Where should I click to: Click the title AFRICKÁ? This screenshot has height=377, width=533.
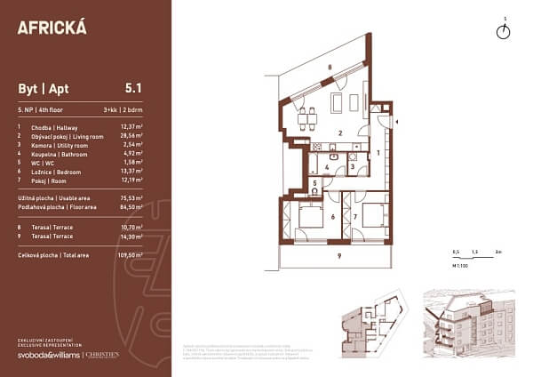[x=52, y=27]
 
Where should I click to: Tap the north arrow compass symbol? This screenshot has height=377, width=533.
[x=504, y=31]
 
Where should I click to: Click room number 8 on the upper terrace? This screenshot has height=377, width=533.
[x=328, y=68]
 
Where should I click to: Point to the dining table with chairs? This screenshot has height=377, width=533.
[x=307, y=116]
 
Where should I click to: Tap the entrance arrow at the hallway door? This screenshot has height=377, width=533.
[x=396, y=120]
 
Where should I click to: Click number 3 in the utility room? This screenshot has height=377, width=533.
[x=352, y=165]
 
